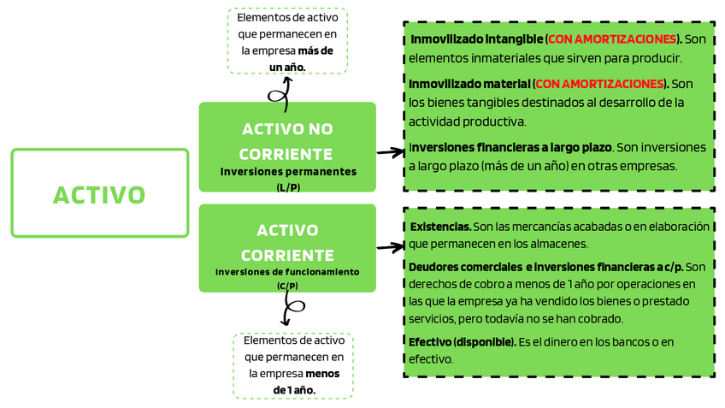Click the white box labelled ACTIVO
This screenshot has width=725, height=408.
99,193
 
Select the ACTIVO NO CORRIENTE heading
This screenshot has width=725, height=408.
286,141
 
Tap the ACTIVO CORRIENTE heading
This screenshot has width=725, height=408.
286,242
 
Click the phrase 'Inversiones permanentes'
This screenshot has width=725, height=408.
287,172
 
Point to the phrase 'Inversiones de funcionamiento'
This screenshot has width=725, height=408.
287,272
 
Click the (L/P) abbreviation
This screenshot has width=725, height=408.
287,186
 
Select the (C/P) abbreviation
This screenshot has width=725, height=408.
287,286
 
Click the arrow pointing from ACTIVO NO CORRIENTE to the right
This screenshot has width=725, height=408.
390,153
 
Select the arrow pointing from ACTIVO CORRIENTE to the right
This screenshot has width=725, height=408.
390,247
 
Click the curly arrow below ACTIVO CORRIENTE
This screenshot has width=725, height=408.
290,309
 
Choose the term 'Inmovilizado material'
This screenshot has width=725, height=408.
469,84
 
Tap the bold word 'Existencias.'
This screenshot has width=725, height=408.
440,227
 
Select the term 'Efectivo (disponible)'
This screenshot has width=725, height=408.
463,342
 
